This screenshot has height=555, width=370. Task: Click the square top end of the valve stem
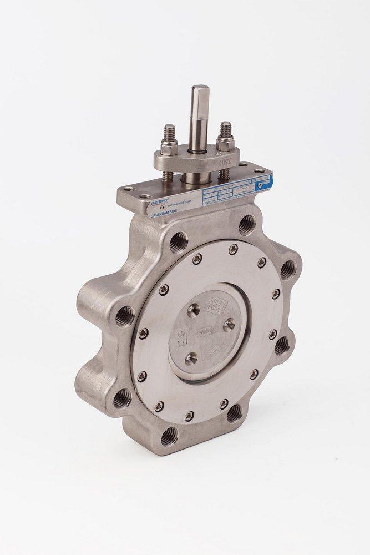pyautogui.click(x=198, y=90)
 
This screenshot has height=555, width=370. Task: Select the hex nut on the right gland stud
pyautogui.click(x=225, y=143)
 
